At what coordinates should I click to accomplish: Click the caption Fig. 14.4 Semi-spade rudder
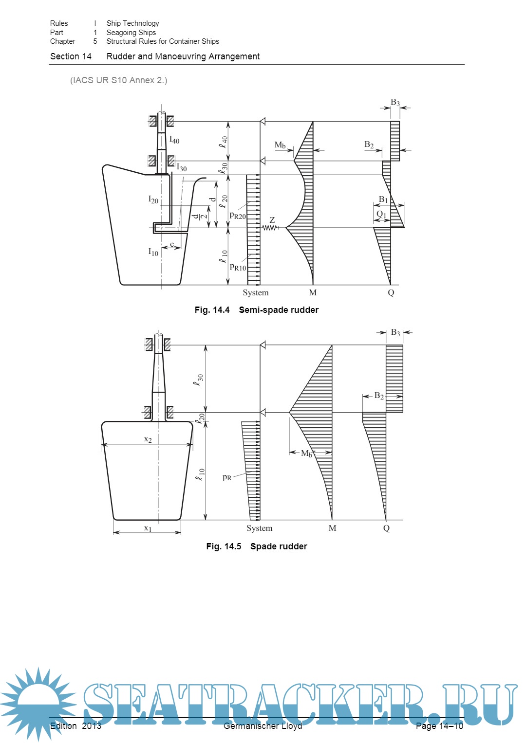tap(257, 310)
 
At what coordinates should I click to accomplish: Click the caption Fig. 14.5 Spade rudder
tap(257, 546)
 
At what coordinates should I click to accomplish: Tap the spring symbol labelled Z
tap(270, 227)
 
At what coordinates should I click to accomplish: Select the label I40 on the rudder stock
tap(174, 140)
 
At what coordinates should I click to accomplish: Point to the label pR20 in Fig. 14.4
tap(238, 216)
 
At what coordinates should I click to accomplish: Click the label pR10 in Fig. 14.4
tap(238, 267)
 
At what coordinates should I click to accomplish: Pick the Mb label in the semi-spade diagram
tap(280, 145)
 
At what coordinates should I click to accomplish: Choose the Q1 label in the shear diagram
tap(381, 214)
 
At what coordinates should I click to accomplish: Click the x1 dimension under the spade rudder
tap(148, 528)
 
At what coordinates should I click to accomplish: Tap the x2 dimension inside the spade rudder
tap(148, 439)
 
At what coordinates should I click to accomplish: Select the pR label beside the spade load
tap(227, 477)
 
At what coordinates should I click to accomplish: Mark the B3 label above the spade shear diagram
tap(395, 333)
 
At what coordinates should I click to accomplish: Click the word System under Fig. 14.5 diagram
tap(259, 528)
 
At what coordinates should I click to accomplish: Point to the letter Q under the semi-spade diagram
tap(391, 292)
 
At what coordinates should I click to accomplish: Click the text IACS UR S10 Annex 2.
tap(119, 80)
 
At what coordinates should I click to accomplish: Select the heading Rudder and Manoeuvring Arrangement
tap(183, 56)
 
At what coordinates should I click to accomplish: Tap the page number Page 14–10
tap(439, 726)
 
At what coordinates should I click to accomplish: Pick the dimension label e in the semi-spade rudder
tap(172, 244)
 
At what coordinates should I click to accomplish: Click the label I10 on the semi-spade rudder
tap(153, 252)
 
